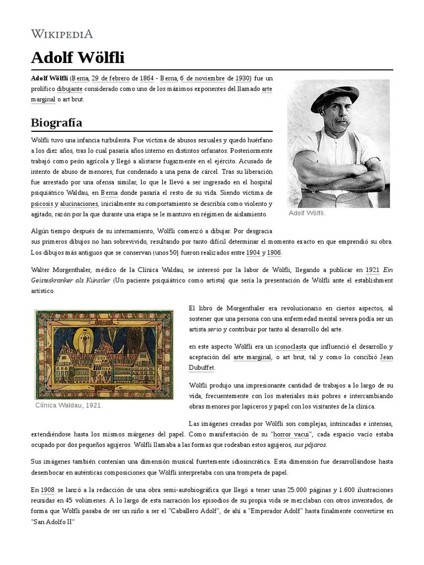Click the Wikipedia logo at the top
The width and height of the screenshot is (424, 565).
(x=61, y=34)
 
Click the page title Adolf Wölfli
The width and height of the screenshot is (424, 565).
(x=77, y=57)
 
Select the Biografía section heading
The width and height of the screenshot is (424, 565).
(x=57, y=122)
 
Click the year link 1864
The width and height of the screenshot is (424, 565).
(x=146, y=78)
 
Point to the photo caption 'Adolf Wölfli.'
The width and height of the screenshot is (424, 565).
(x=307, y=213)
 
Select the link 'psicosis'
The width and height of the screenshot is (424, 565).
(x=42, y=204)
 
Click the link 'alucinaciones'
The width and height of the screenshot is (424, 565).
(x=79, y=204)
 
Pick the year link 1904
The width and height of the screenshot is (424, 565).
(x=253, y=252)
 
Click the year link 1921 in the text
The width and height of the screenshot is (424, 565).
(x=372, y=270)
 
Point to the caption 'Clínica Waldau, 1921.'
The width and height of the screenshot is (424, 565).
(x=69, y=406)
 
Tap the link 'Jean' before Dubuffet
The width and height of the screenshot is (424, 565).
(x=386, y=357)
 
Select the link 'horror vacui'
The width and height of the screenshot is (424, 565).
(x=290, y=434)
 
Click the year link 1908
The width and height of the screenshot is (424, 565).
(x=47, y=489)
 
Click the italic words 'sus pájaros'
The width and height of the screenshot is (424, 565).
(x=310, y=445)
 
